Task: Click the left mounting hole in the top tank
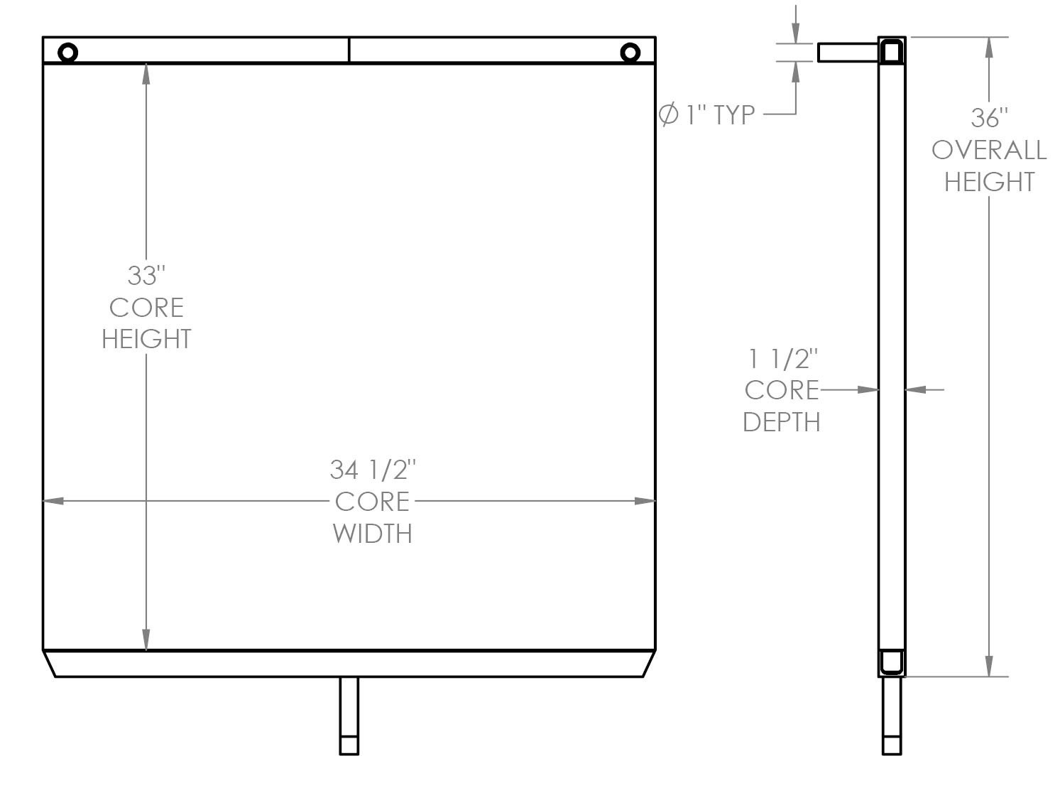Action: click(x=67, y=52)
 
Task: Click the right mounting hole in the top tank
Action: click(x=630, y=52)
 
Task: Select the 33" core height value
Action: click(x=146, y=275)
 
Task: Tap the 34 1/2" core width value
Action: click(x=372, y=470)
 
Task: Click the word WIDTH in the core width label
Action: click(x=372, y=533)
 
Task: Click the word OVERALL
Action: click(x=989, y=150)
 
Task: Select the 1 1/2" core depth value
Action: click(x=782, y=359)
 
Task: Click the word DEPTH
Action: click(x=782, y=422)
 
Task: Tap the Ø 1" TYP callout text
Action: click(x=707, y=114)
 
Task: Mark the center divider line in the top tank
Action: click(x=349, y=50)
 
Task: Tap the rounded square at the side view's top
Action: click(x=892, y=51)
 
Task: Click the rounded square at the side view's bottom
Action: click(x=892, y=662)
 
